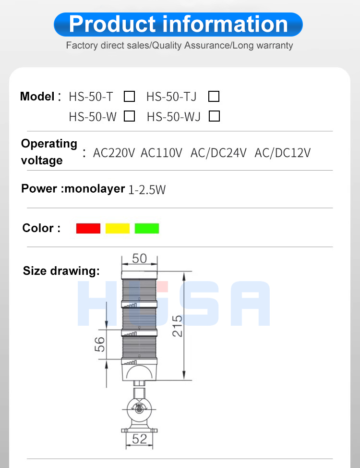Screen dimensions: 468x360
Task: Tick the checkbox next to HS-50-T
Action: (129, 97)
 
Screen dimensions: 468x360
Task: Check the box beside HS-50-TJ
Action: (214, 97)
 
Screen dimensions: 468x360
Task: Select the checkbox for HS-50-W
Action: (129, 116)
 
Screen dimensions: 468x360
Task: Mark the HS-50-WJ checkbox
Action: (215, 116)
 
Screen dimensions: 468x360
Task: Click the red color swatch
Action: (88, 228)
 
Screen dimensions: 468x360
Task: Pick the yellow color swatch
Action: (118, 228)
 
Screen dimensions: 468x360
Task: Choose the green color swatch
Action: (147, 228)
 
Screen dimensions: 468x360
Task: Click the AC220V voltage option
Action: (114, 153)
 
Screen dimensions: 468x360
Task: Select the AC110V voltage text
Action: (161, 153)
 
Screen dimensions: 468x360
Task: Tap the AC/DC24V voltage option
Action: (218, 153)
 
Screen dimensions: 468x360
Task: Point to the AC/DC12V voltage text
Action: (283, 153)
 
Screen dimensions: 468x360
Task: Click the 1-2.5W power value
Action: (147, 190)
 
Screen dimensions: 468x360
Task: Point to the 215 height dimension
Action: (177, 326)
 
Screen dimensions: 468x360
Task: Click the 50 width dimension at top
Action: (139, 259)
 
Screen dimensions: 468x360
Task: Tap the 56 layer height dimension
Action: (99, 344)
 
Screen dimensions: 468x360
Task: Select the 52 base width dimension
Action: (139, 438)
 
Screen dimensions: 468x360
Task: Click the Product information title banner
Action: (178, 25)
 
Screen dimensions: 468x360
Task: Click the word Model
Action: (37, 97)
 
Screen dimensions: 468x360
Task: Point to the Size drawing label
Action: (61, 271)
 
